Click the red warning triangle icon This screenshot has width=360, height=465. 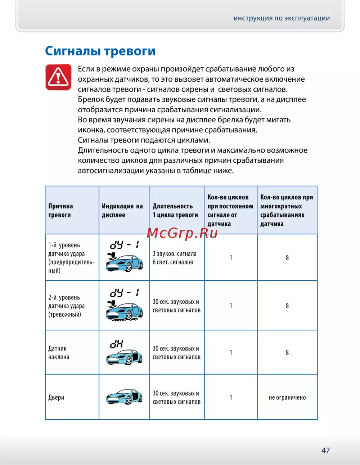(x=58, y=77)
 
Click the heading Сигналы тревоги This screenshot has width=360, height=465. (x=100, y=51)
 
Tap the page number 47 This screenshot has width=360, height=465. (x=325, y=450)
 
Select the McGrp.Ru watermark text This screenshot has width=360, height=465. (x=182, y=233)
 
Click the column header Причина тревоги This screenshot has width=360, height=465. (x=60, y=211)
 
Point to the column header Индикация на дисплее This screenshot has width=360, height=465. (x=122, y=211)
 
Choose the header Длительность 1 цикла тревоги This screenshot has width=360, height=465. (x=175, y=211)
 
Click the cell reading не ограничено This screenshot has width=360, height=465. (x=287, y=397)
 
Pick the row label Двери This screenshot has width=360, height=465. (x=56, y=397)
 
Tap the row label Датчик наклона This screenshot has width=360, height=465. (x=59, y=353)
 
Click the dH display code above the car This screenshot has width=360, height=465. (x=117, y=344)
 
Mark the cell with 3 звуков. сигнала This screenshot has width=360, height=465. (x=175, y=254)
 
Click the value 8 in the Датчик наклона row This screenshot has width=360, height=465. (x=287, y=353)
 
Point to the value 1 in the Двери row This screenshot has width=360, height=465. (x=231, y=397)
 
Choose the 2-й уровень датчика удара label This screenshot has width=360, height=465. (x=67, y=306)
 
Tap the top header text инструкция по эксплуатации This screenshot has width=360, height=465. (x=282, y=18)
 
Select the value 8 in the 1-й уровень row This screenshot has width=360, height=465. (x=287, y=258)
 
